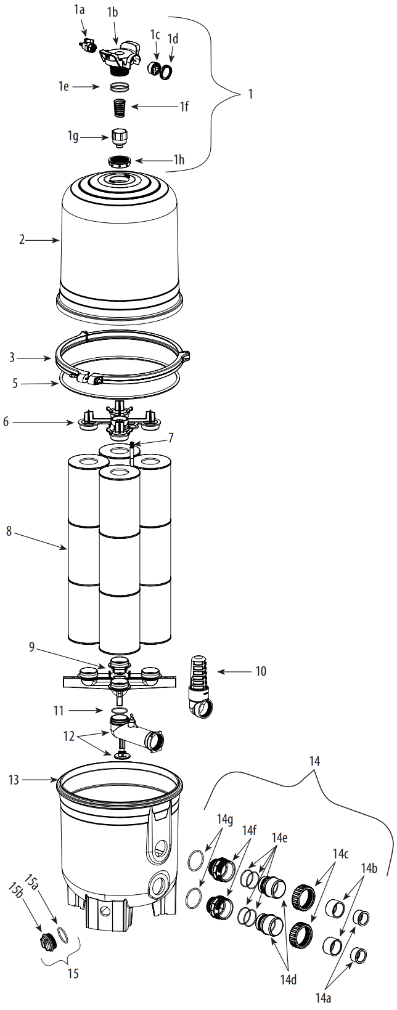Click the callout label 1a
[79, 9]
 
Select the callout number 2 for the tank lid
[22, 240]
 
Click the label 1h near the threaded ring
[178, 160]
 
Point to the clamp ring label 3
[12, 357]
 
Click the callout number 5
[15, 383]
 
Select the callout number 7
[171, 438]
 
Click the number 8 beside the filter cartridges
[9, 531]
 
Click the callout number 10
[261, 671]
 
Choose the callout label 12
[68, 735]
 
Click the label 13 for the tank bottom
[14, 780]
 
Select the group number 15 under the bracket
[73, 974]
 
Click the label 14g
[225, 818]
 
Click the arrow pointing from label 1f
[154, 107]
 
